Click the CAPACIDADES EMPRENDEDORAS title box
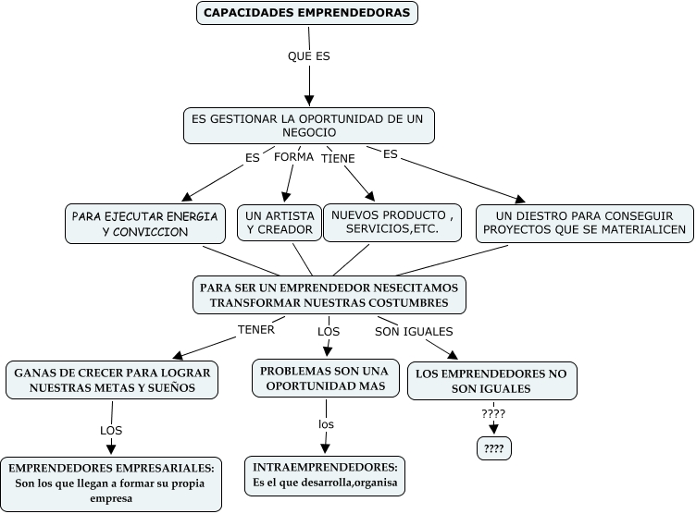308,14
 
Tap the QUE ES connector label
309,55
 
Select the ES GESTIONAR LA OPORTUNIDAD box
308,126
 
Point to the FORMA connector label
293,157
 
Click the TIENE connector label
338,159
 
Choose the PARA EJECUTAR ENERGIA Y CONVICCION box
145,224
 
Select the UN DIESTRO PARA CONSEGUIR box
585,223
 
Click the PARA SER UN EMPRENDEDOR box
329,295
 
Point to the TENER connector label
256,329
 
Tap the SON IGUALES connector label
414,331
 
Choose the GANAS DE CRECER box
112,380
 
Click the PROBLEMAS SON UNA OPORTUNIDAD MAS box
324,378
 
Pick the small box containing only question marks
493,449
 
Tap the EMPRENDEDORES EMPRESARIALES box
112,483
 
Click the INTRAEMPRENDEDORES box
326,475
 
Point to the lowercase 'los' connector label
326,424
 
